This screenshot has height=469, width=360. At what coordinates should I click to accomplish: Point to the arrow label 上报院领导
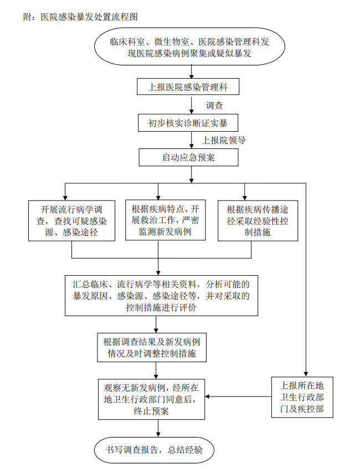pos(223,140)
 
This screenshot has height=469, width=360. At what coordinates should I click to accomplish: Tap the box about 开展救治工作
pos(158,220)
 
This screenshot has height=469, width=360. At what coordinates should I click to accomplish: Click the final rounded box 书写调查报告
pos(155,450)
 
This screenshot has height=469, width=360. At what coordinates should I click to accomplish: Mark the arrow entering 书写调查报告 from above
pos(159,427)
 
